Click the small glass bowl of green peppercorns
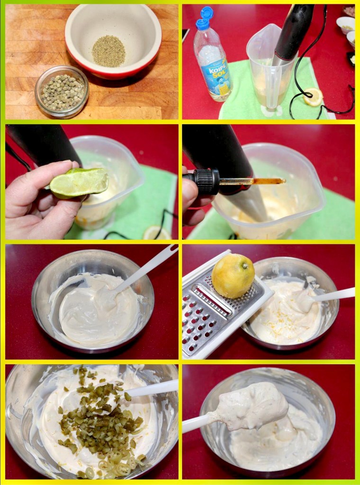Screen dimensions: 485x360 [62, 91]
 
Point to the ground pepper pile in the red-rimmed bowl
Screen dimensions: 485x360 [108, 51]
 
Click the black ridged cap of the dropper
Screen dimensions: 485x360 [207, 181]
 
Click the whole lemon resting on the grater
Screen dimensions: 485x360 [233, 276]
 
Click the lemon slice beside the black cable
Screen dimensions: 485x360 [313, 97]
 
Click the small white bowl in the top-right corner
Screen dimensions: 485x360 [345, 24]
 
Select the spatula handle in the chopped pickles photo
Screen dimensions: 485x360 [152, 388]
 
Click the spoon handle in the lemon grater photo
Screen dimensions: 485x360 [334, 295]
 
